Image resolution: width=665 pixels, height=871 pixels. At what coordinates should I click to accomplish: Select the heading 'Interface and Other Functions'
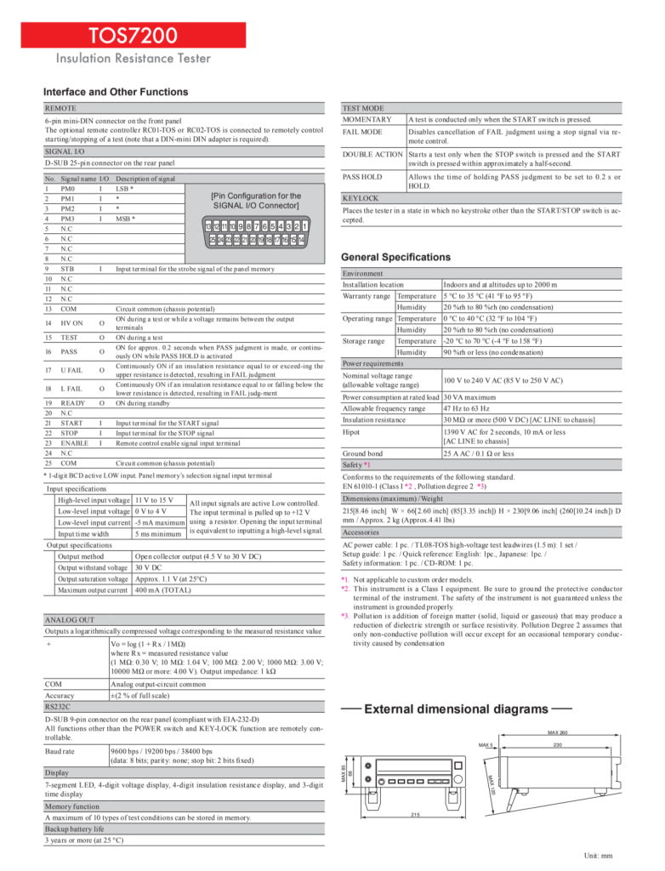pos(116,92)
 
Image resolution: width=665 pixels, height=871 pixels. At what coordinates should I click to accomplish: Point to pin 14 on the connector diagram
pos(302,241)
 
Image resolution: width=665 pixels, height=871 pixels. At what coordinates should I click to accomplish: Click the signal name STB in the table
pos(68,269)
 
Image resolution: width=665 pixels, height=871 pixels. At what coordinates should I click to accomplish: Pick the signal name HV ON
pos(71,323)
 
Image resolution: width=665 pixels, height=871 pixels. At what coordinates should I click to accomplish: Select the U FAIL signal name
pos(71,370)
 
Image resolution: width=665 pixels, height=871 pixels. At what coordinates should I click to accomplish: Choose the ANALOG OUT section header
pos(70,621)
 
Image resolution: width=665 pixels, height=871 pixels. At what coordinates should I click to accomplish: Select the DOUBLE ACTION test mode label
pos(372,154)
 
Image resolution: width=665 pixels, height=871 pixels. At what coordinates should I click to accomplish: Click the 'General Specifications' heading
pos(406,257)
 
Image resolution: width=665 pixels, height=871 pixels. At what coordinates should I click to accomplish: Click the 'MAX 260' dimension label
pos(558,732)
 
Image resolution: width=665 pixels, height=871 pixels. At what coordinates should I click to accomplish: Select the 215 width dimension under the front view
pos(415,814)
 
